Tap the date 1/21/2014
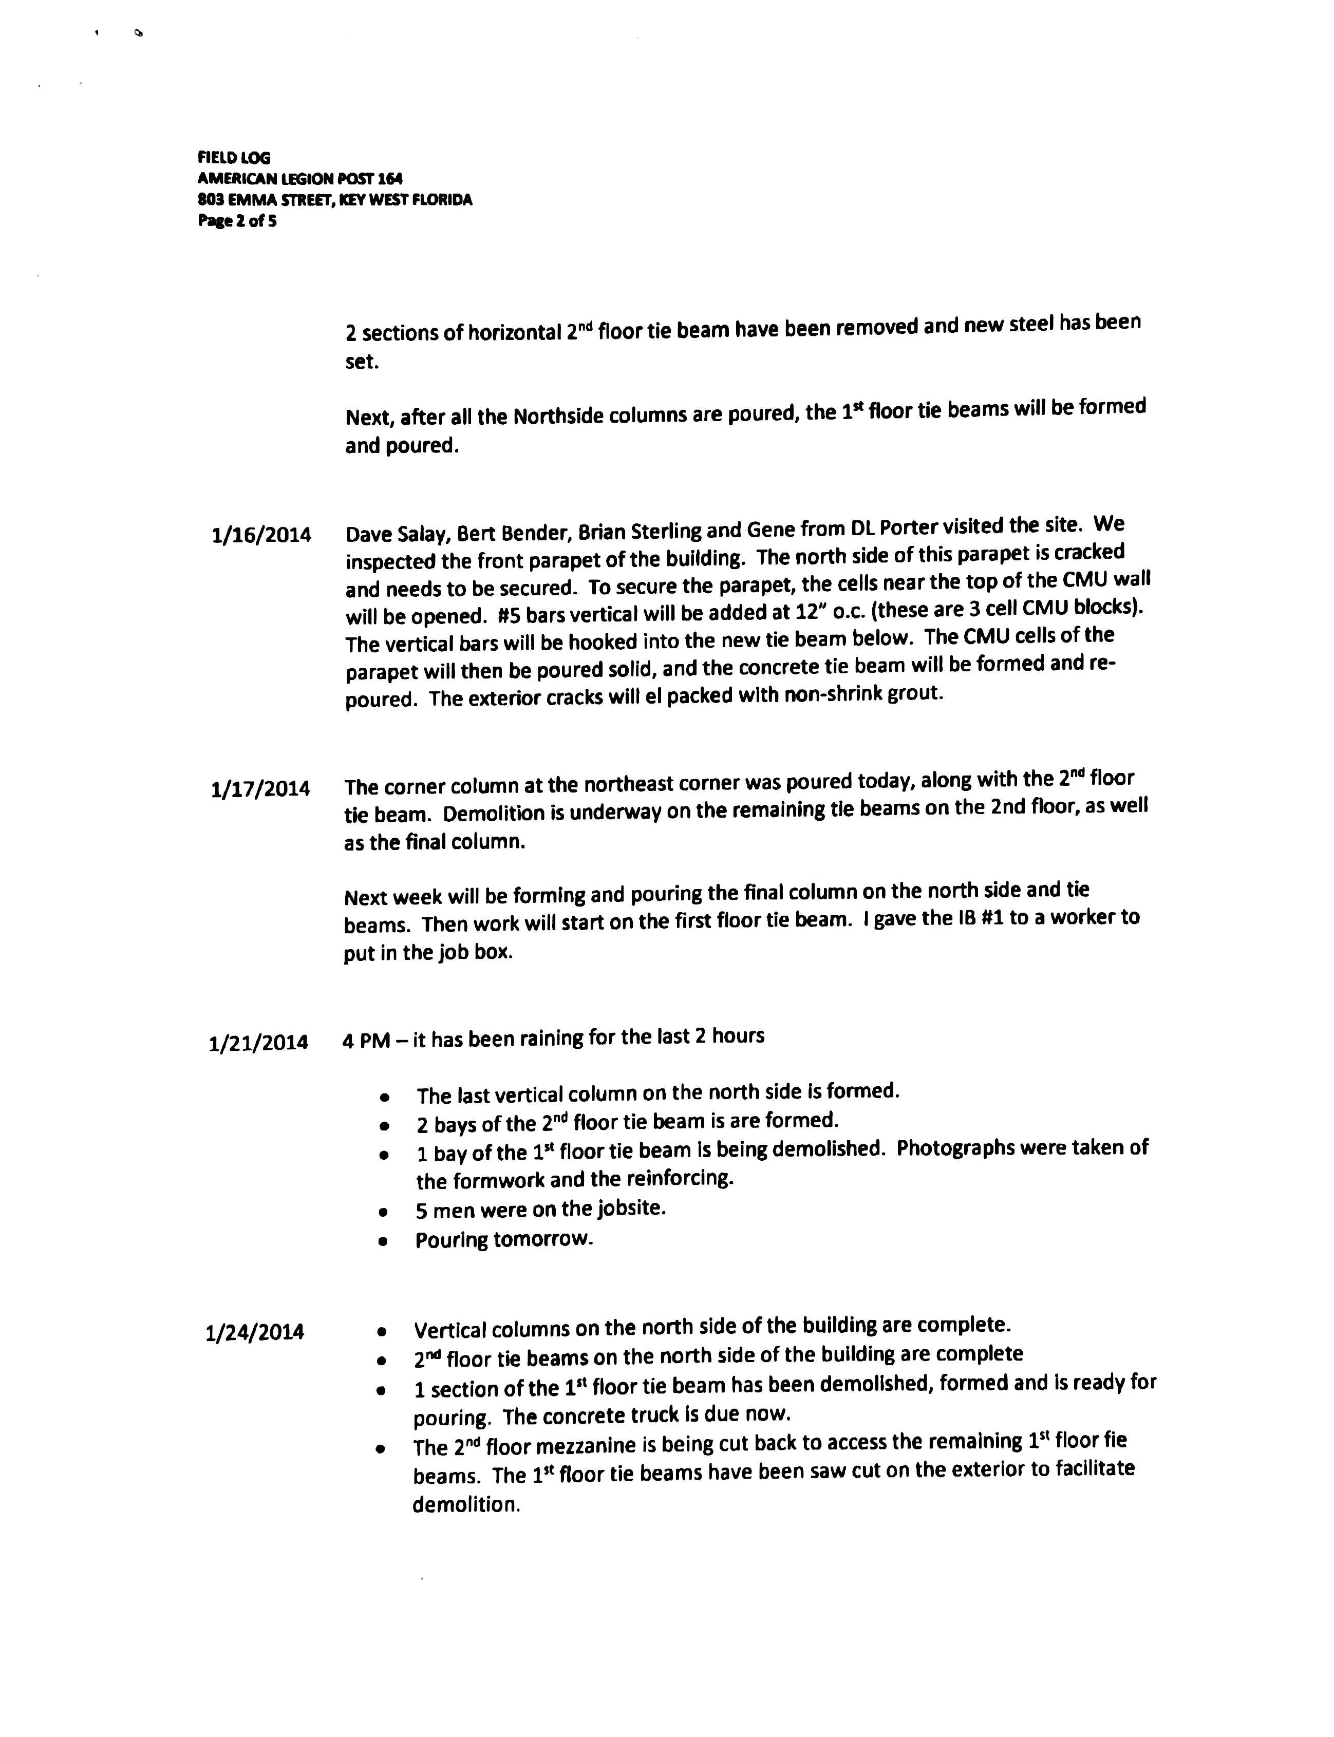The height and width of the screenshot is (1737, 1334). tap(258, 1043)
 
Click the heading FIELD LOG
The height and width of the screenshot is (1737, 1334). tap(234, 158)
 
